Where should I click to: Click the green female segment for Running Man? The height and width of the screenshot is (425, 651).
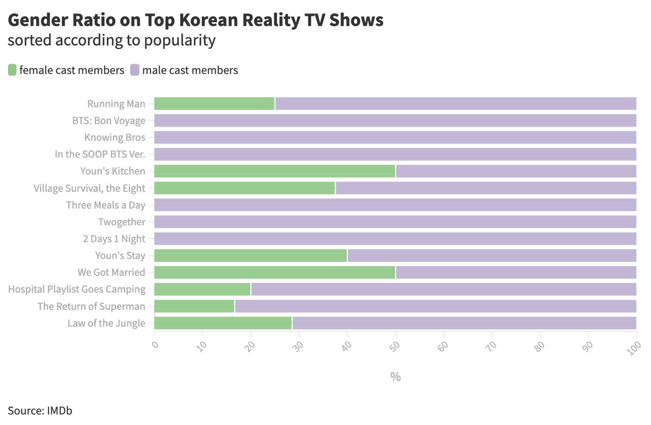pyautogui.click(x=214, y=104)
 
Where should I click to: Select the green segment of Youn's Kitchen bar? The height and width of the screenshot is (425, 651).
pyautogui.click(x=274, y=171)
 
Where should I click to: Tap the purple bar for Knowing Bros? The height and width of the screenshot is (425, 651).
pyautogui.click(x=395, y=137)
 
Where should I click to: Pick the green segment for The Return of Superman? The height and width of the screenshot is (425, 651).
pyautogui.click(x=194, y=306)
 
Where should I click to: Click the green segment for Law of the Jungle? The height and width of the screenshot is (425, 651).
pyautogui.click(x=223, y=323)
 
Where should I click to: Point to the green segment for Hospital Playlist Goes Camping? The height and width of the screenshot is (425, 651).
pyautogui.click(x=202, y=289)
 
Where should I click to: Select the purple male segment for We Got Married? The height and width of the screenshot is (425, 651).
pyautogui.click(x=516, y=273)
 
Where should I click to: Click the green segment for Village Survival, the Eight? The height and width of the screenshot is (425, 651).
pyautogui.click(x=245, y=188)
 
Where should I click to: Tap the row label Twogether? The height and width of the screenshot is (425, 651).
pyautogui.click(x=122, y=222)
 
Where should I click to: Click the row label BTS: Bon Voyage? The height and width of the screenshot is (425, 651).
pyautogui.click(x=109, y=121)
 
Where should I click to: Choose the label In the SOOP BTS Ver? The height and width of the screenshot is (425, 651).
pyautogui.click(x=100, y=154)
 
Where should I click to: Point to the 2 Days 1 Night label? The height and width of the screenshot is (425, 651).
pyautogui.click(x=114, y=239)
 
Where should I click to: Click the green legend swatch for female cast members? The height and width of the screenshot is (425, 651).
pyautogui.click(x=12, y=70)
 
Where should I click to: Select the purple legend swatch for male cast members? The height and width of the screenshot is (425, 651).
pyautogui.click(x=135, y=70)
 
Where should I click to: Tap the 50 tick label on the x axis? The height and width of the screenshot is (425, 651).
pyautogui.click(x=395, y=346)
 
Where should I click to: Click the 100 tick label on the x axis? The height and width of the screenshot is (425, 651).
pyautogui.click(x=634, y=348)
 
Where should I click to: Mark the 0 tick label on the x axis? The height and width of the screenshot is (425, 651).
pyautogui.click(x=155, y=345)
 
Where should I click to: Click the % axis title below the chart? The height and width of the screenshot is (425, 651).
pyautogui.click(x=395, y=377)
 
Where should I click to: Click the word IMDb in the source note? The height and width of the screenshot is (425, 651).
pyautogui.click(x=60, y=411)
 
